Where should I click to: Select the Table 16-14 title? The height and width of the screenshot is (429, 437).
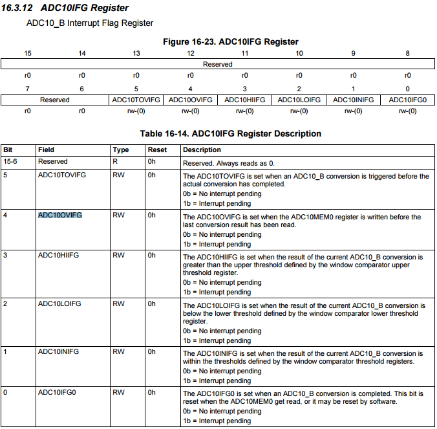230,134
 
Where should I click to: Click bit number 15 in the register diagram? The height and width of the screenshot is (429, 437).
28,53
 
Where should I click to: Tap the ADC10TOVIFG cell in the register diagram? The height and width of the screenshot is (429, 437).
136,100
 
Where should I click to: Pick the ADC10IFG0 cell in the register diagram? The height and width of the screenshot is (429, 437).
407,100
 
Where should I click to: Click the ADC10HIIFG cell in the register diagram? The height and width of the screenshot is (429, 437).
244,100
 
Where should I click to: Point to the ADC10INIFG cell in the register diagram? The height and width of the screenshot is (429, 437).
353,100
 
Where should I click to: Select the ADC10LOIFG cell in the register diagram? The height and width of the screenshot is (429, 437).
299,100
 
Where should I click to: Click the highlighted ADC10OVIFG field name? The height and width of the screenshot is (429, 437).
60,215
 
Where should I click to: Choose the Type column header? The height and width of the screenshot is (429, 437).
121,149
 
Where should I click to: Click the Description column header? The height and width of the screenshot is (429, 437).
202,149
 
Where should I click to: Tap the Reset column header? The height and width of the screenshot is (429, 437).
157,149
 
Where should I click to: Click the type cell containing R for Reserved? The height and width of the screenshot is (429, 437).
115,161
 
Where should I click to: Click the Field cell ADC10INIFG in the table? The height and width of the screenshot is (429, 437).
58,351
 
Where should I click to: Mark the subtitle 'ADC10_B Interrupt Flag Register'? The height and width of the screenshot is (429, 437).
89,23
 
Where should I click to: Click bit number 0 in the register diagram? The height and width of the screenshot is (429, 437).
407,89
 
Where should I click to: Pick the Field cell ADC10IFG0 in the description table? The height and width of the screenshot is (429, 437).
58,392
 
